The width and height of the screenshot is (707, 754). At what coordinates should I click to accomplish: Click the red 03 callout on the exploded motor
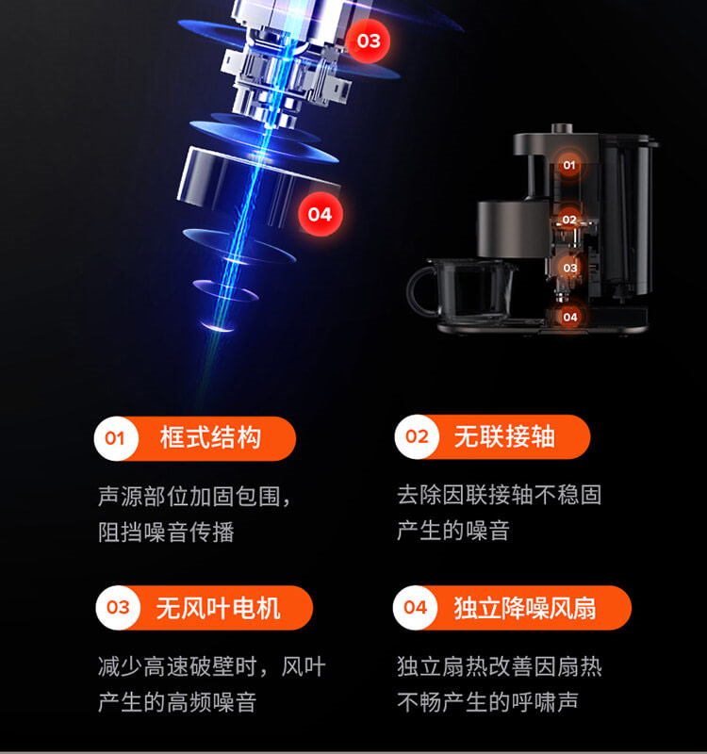coord(369,41)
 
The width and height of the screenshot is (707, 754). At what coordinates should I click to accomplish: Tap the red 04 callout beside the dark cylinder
coord(320,214)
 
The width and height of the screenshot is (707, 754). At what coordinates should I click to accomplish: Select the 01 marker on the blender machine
coord(568,165)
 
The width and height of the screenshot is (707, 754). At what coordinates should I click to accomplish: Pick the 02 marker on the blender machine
coord(568,220)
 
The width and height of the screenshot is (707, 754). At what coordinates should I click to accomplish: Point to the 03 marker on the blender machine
coord(569,268)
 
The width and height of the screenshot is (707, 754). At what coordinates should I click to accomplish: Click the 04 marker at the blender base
coord(569,317)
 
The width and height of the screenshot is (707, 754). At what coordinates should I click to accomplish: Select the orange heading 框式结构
coord(210,437)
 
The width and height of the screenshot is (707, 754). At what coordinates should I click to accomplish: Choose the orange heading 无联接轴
coord(504,436)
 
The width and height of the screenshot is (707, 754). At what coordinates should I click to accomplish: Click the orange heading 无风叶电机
coord(218,608)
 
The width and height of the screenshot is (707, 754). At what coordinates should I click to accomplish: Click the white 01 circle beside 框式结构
coord(115,437)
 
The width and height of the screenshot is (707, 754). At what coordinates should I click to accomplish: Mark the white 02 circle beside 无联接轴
coord(417,436)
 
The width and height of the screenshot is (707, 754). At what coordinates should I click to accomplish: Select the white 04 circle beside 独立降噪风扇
coord(416,608)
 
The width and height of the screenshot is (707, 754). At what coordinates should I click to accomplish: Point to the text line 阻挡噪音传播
coord(166,533)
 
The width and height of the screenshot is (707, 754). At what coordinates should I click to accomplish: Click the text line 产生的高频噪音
coord(176,703)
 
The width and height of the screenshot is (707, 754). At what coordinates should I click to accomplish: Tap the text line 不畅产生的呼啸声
coord(487,703)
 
